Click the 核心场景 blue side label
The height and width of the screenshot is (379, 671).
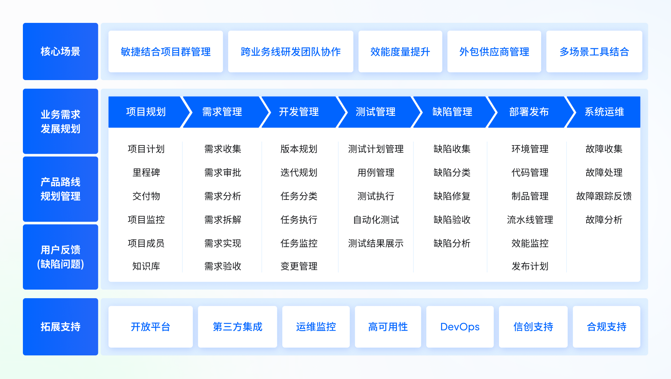click(60, 51)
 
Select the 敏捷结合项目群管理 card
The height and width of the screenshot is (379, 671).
click(166, 51)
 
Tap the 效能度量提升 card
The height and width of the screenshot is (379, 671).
click(400, 51)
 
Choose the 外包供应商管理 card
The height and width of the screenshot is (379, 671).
click(494, 51)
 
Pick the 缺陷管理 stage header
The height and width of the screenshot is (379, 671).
click(453, 112)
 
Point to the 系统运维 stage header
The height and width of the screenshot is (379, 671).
click(604, 112)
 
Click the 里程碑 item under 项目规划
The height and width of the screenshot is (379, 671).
click(146, 173)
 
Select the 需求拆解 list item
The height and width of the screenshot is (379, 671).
click(223, 220)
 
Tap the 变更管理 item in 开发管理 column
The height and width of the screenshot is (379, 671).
click(299, 266)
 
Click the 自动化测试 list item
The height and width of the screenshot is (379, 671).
click(376, 220)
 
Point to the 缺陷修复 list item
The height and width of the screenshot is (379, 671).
click(452, 196)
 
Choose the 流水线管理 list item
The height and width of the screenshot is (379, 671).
click(530, 220)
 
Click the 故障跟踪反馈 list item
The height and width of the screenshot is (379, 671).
click(604, 196)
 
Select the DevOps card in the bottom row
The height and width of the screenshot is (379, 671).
click(460, 327)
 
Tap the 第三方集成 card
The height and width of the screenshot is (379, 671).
click(237, 327)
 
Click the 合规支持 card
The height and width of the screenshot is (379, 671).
click(607, 327)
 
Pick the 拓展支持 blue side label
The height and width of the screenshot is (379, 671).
click(60, 327)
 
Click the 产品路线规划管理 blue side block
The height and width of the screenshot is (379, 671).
click(60, 189)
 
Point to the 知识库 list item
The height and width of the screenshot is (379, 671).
click(146, 266)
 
